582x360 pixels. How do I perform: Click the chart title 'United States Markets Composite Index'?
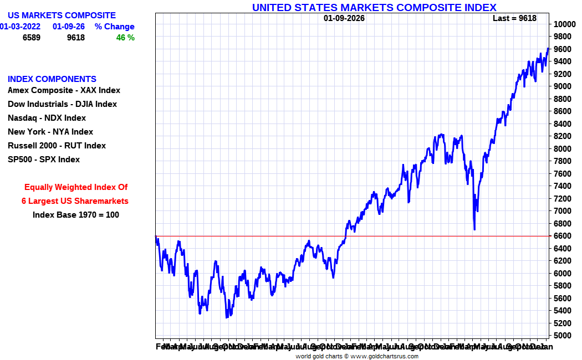374,7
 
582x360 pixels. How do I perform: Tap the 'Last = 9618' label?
514,18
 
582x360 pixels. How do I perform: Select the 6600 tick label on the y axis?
561,236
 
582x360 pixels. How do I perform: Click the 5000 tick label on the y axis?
561,336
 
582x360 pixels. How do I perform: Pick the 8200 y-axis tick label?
561,136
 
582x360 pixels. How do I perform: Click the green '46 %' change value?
125,38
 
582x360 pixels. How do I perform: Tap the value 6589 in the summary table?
32,38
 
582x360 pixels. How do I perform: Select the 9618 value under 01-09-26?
75,38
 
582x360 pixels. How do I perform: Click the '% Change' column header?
114,27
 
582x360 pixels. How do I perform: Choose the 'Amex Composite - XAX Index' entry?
64,90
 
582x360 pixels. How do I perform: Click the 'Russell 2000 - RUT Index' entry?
57,146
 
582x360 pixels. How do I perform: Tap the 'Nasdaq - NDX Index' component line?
47,118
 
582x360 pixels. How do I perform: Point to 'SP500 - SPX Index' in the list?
44,160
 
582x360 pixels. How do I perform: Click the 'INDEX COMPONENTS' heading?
52,79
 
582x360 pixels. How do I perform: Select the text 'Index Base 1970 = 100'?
76,215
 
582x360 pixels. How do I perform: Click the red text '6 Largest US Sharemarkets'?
75,201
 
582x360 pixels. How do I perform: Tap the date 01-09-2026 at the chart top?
344,18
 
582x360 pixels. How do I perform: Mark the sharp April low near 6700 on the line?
474,229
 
